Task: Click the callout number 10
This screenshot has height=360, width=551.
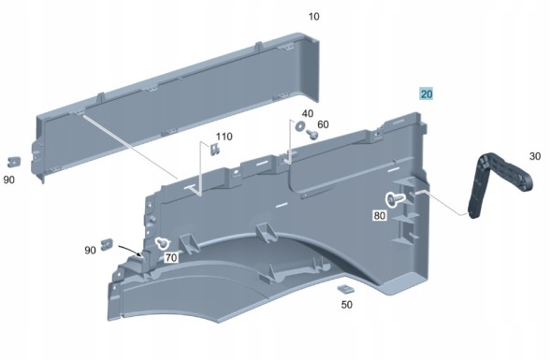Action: (313, 17)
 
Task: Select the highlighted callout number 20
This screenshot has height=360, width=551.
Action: (427, 94)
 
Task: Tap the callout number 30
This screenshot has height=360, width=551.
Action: (535, 156)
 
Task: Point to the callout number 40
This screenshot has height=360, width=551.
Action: (308, 113)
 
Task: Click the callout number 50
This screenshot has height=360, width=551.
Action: (347, 305)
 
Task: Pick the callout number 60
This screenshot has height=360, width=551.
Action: (323, 124)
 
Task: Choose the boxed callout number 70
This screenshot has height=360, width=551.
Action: (171, 258)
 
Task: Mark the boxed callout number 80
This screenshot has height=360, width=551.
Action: (380, 215)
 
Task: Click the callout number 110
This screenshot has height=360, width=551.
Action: (224, 137)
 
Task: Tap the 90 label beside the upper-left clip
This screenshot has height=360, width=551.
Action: (9, 180)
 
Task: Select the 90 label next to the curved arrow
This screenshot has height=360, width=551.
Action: (91, 251)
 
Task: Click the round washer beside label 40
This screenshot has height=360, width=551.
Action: (300, 125)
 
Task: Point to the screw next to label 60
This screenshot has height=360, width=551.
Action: (312, 134)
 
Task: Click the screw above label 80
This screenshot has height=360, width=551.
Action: (394, 199)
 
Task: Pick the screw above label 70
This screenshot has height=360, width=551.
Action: (162, 242)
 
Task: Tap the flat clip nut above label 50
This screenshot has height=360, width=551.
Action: (346, 289)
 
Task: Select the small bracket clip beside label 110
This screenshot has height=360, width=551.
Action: (215, 150)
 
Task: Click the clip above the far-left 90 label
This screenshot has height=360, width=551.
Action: (14, 162)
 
